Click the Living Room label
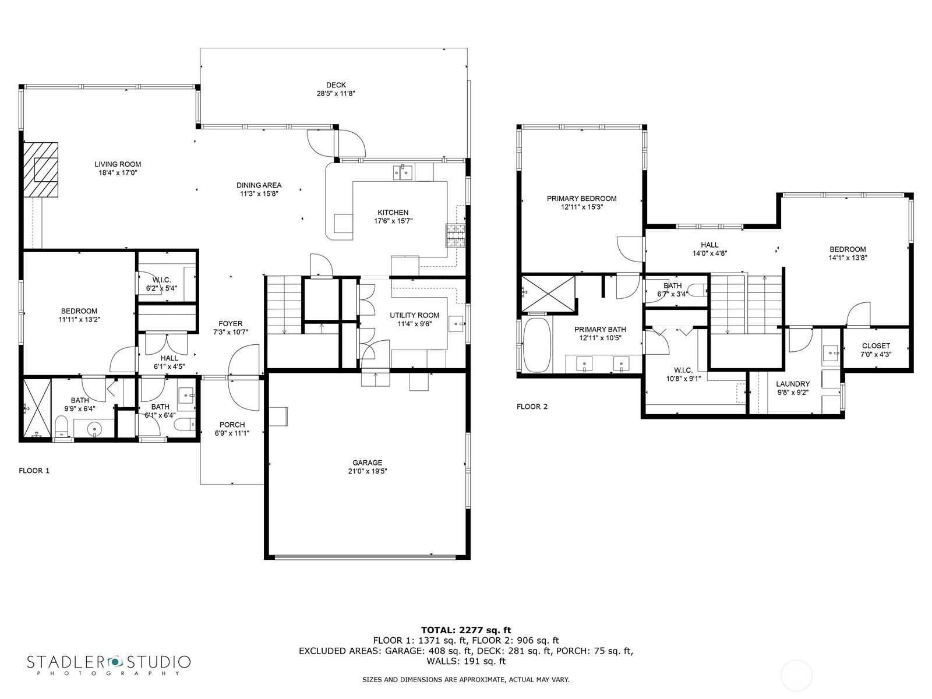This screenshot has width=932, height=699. (x=118, y=164)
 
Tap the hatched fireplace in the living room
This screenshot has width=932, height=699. (x=40, y=170)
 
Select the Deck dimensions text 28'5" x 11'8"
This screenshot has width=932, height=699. (x=336, y=93)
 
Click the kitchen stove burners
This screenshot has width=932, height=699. (x=455, y=235)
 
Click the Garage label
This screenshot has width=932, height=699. (x=368, y=463)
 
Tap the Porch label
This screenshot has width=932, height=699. (x=232, y=425)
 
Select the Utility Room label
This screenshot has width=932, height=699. (x=414, y=315)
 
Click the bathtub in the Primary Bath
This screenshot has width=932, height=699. (x=537, y=345)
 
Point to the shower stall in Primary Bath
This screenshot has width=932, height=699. (x=548, y=294)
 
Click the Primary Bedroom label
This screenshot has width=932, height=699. (x=581, y=199)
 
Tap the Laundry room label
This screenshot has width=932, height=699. (x=793, y=384)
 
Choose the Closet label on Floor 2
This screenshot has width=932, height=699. (x=876, y=346)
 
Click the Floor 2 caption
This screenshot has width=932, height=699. (x=532, y=407)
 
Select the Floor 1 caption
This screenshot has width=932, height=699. (x=34, y=471)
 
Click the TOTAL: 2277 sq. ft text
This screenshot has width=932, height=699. (x=466, y=630)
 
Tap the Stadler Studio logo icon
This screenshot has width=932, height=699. (x=115, y=661)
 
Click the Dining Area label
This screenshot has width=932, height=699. (x=259, y=185)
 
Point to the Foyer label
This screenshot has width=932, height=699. (x=231, y=324)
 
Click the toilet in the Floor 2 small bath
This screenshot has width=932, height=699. (x=697, y=291)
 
